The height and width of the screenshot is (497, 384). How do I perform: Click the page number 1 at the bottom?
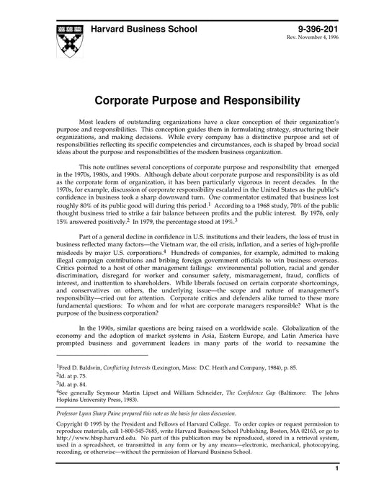[x=336, y=488]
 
